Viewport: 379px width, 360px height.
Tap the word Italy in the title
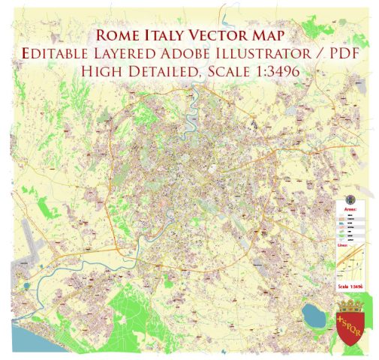167,34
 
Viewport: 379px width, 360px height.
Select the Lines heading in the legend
347,245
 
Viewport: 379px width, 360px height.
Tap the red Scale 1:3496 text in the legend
350,286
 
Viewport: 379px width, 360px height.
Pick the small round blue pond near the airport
26,285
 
